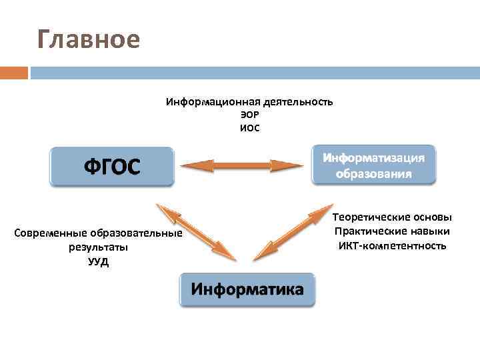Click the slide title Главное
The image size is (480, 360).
coord(89,40)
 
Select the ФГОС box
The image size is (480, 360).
coord(111,165)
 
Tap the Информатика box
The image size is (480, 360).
coord(247,289)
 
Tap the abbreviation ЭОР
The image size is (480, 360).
coord(249,115)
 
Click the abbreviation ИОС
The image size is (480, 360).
coord(249,127)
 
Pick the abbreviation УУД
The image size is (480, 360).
coord(98,261)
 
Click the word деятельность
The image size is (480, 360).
coord(298,102)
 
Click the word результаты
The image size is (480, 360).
coord(98,247)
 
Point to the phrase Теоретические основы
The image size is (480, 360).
coord(392,217)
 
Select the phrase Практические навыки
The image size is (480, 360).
coord(392,231)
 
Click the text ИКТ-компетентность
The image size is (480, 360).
coord(392,245)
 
